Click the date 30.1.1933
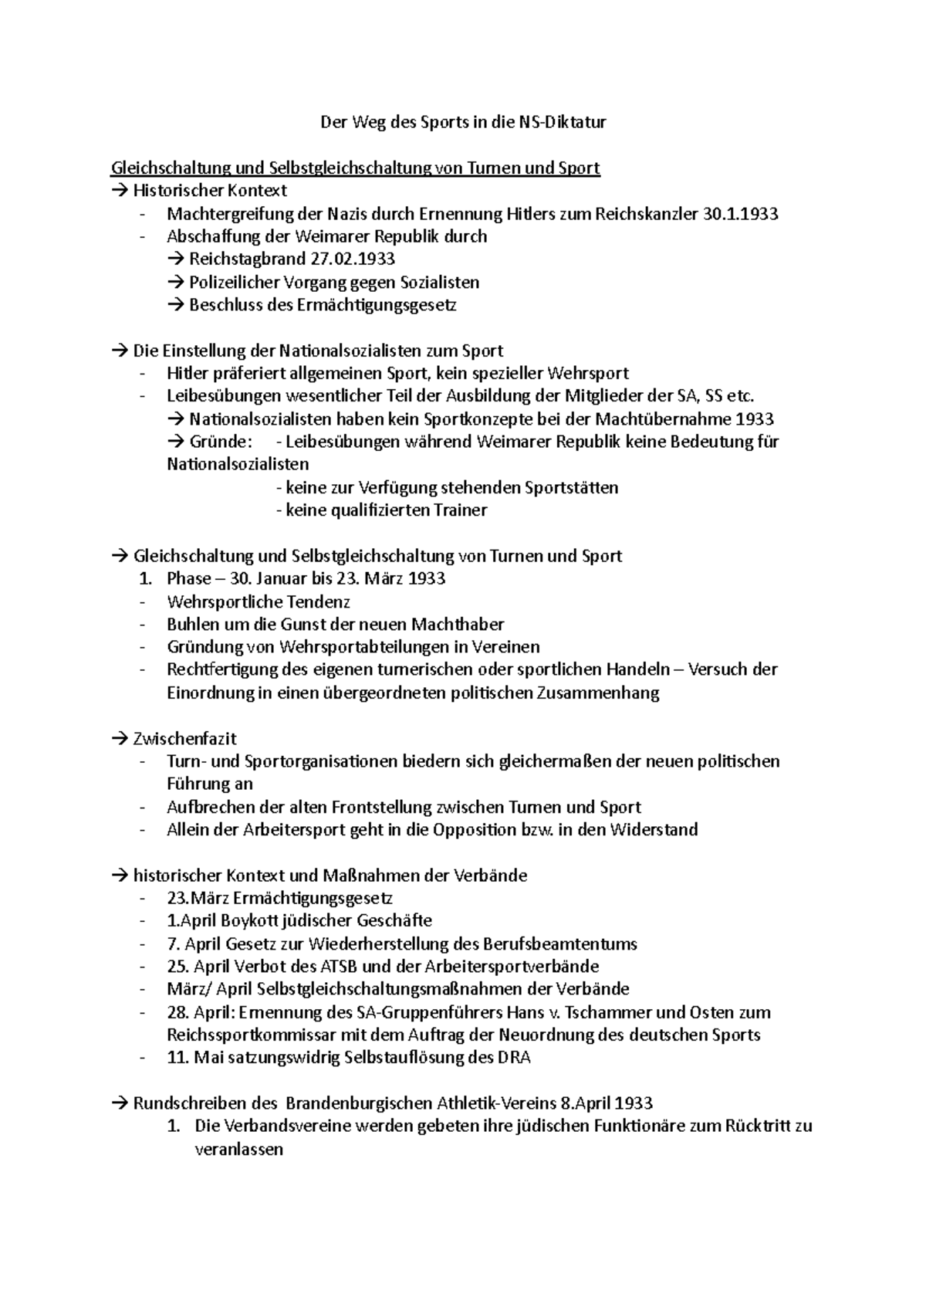pyautogui.click(x=741, y=214)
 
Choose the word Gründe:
pyautogui.click(x=221, y=442)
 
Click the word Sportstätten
pyautogui.click(x=571, y=487)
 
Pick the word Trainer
pyautogui.click(x=460, y=510)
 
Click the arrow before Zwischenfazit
pyautogui.click(x=119, y=738)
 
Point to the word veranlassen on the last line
pyautogui.click(x=239, y=1149)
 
